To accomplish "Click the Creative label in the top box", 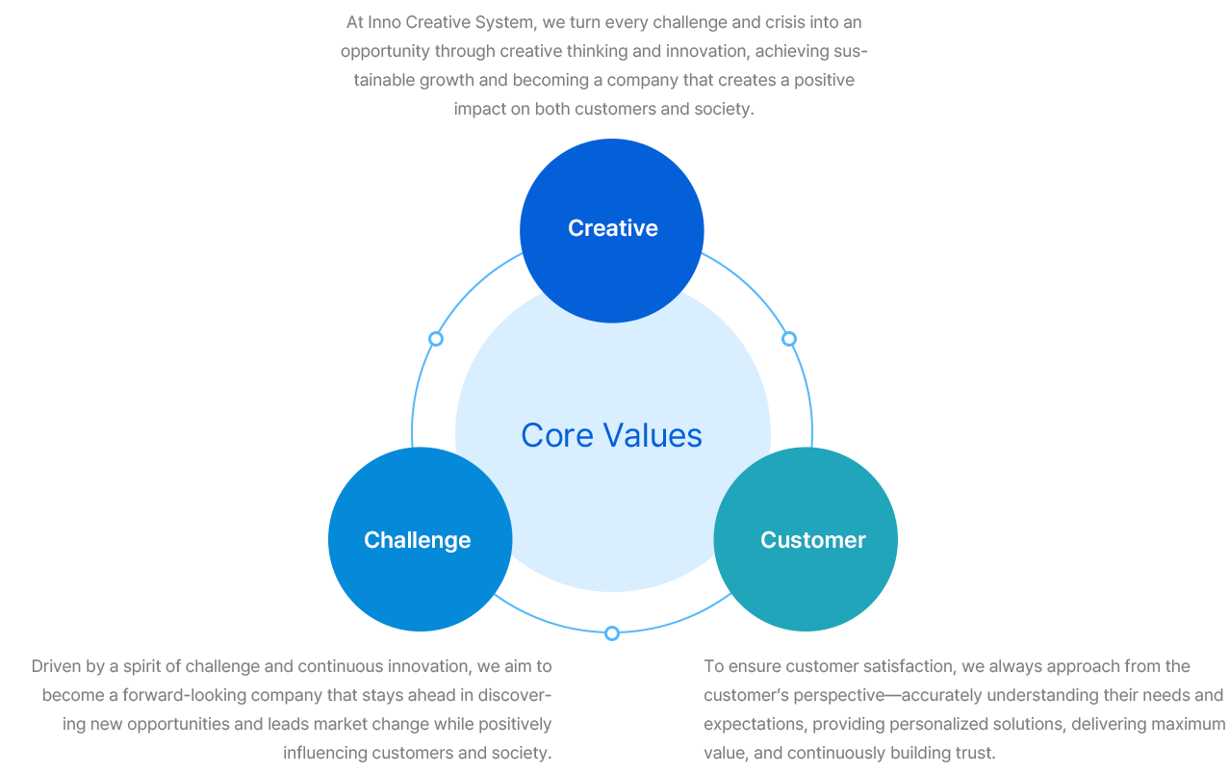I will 613,228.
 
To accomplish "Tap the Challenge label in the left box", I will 418,540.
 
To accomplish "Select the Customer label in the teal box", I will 813,540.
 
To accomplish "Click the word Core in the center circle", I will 554,435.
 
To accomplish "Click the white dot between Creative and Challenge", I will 436,339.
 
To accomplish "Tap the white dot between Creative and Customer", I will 789,339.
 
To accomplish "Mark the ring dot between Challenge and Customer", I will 612,634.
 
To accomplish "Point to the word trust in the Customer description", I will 975,753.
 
